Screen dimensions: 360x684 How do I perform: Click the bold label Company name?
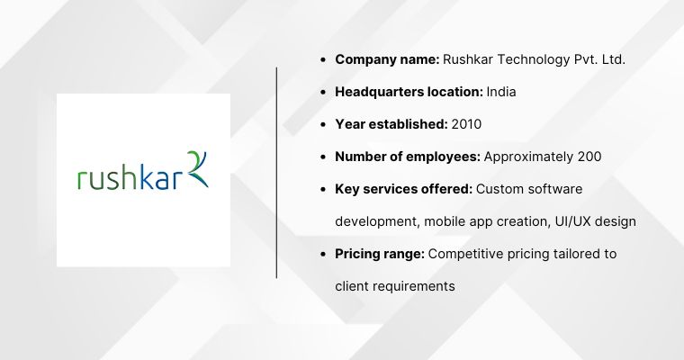point(387,59)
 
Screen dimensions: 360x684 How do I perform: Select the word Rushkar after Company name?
point(470,59)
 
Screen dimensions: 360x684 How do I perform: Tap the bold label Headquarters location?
point(409,92)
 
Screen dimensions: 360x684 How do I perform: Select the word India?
point(501,92)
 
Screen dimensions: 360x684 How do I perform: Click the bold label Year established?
point(390,124)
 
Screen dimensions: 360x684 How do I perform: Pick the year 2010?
point(466,124)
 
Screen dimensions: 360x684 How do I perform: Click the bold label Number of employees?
point(408,157)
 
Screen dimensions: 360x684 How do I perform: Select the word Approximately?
point(527,157)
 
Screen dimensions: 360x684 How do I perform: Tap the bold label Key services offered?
point(404,189)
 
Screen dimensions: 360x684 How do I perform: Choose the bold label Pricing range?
point(380,254)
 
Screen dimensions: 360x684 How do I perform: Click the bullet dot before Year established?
point(323,124)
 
